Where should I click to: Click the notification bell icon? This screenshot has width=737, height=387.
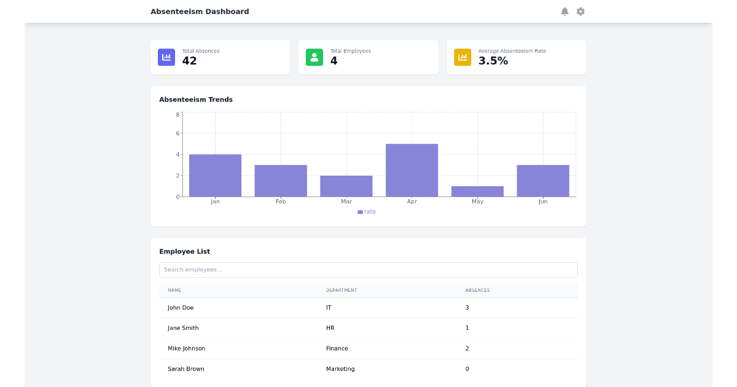click(564, 12)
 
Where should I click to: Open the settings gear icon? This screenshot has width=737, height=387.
click(580, 12)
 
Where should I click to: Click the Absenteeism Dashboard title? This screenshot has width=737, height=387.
click(200, 12)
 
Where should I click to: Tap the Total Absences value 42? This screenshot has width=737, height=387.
click(189, 61)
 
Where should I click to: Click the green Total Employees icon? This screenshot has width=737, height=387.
click(314, 57)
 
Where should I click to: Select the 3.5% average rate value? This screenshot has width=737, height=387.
click(493, 61)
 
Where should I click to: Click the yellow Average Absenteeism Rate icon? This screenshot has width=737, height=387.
click(462, 57)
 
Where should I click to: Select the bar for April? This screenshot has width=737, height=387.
click(411, 170)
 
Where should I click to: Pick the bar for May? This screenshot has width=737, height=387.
click(477, 191)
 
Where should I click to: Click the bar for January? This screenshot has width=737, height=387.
click(215, 175)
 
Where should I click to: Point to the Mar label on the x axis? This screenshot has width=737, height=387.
click(346, 201)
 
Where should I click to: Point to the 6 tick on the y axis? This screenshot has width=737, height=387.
click(178, 133)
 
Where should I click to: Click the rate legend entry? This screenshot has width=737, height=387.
click(367, 212)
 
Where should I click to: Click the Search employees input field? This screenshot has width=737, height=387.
click(368, 270)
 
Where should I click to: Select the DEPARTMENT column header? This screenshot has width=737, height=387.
click(341, 290)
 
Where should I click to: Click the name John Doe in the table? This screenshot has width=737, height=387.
click(181, 308)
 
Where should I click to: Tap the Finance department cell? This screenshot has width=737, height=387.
click(337, 348)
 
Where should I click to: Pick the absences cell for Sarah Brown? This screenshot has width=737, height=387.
click(467, 369)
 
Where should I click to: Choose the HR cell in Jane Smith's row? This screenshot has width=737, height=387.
click(330, 328)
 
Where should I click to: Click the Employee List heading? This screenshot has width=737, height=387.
click(184, 251)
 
